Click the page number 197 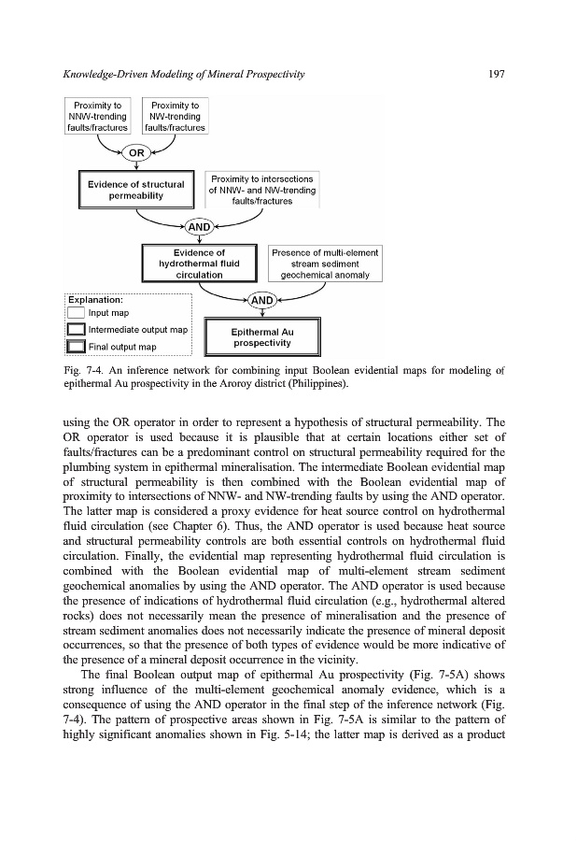pyautogui.click(x=495, y=74)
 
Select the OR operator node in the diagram pyautogui.click(x=136, y=152)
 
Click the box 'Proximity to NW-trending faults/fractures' pyautogui.click(x=175, y=117)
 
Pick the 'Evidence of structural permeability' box pyautogui.click(x=135, y=191)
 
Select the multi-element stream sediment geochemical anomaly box pyautogui.click(x=323, y=264)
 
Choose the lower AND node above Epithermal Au pyautogui.click(x=262, y=300)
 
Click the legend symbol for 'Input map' pyautogui.click(x=77, y=314)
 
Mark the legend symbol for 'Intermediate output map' pyautogui.click(x=77, y=330)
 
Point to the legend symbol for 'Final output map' pyautogui.click(x=77, y=348)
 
